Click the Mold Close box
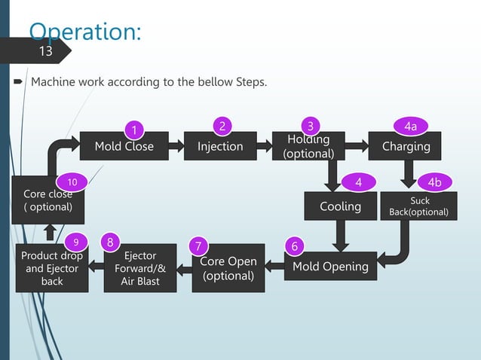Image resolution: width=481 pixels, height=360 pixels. click(124, 146)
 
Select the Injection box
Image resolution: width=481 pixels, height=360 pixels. click(220, 146)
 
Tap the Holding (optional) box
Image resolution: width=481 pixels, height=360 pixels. click(308, 146)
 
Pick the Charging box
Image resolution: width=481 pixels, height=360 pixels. click(406, 146)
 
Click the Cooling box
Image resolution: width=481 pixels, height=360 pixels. click(340, 206)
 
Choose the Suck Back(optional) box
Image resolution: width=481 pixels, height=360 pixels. click(419, 206)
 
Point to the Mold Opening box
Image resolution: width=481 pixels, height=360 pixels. click(330, 266)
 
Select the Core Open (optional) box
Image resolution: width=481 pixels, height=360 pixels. click(228, 268)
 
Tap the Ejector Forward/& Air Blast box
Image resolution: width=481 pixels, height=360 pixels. click(140, 269)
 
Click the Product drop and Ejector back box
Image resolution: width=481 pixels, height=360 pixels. click(52, 269)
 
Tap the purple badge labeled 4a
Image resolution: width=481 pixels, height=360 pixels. click(411, 125)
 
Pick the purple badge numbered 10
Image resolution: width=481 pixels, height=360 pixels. click(72, 182)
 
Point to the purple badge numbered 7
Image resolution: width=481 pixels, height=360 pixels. click(198, 246)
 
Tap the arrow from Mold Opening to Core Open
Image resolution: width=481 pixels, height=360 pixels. click(274, 266)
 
